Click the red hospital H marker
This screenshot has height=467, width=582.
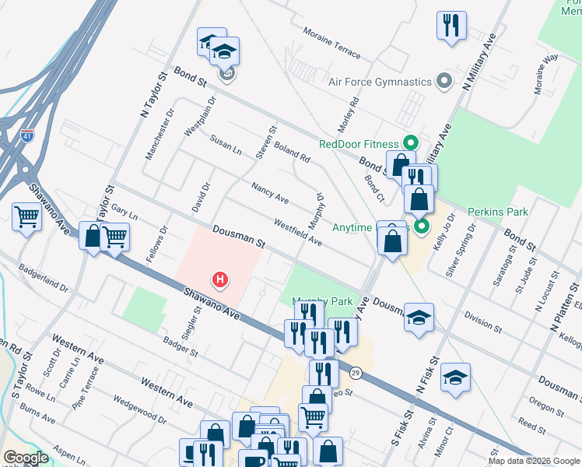point(221,279)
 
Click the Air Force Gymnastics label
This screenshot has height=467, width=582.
point(380,82)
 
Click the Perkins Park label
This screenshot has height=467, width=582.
point(498,212)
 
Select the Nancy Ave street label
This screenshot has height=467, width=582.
point(270,194)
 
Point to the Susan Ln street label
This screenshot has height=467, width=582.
point(226,145)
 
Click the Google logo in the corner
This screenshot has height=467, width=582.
point(26,458)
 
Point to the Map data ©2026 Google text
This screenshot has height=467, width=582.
point(533,461)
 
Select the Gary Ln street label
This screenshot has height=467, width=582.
point(124,211)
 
